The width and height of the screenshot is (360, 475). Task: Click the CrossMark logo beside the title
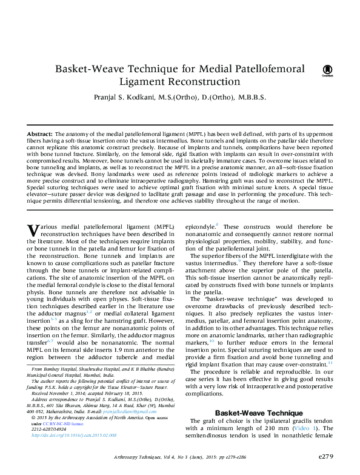click(327, 71)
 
